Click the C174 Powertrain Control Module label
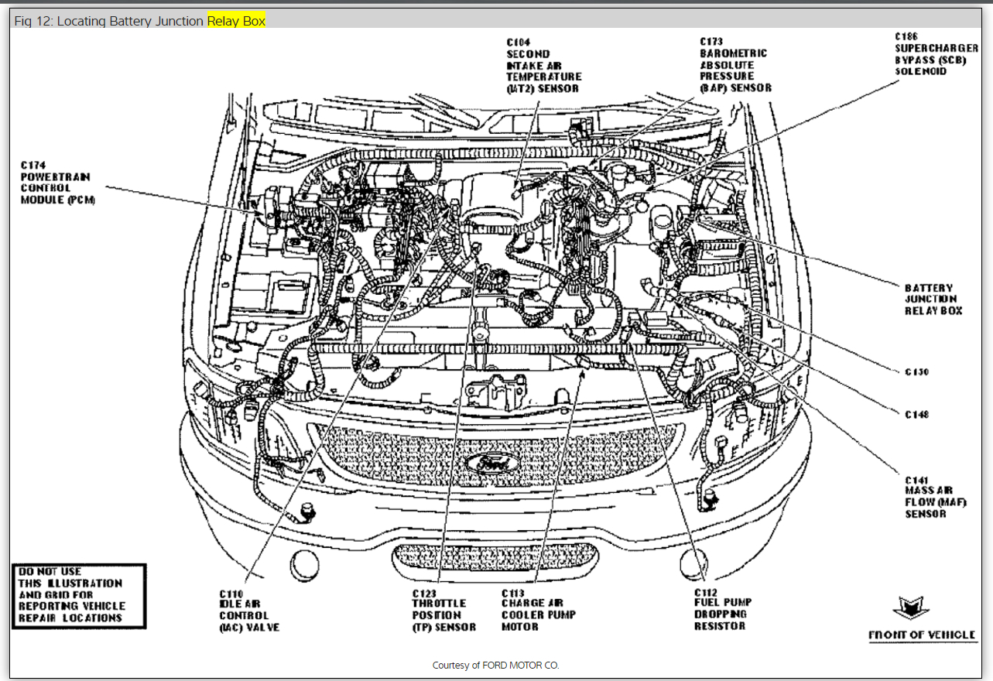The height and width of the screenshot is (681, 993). click(55, 183)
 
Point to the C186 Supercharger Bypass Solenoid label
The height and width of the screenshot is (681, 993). click(936, 54)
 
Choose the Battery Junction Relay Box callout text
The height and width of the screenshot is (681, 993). click(933, 299)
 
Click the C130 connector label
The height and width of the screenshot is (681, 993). click(916, 372)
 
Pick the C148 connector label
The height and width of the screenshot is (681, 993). click(916, 415)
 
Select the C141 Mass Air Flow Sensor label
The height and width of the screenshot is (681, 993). click(929, 497)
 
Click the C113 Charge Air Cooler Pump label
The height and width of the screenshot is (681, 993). click(538, 610)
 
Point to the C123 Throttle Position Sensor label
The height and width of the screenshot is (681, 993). click(443, 610)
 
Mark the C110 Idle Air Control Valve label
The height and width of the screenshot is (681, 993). click(248, 610)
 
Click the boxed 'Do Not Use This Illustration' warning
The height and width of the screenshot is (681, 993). click(79, 595)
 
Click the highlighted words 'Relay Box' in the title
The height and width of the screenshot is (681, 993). click(236, 21)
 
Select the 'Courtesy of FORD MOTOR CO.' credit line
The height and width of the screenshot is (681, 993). click(495, 666)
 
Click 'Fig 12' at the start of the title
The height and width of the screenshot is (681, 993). click(29, 21)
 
